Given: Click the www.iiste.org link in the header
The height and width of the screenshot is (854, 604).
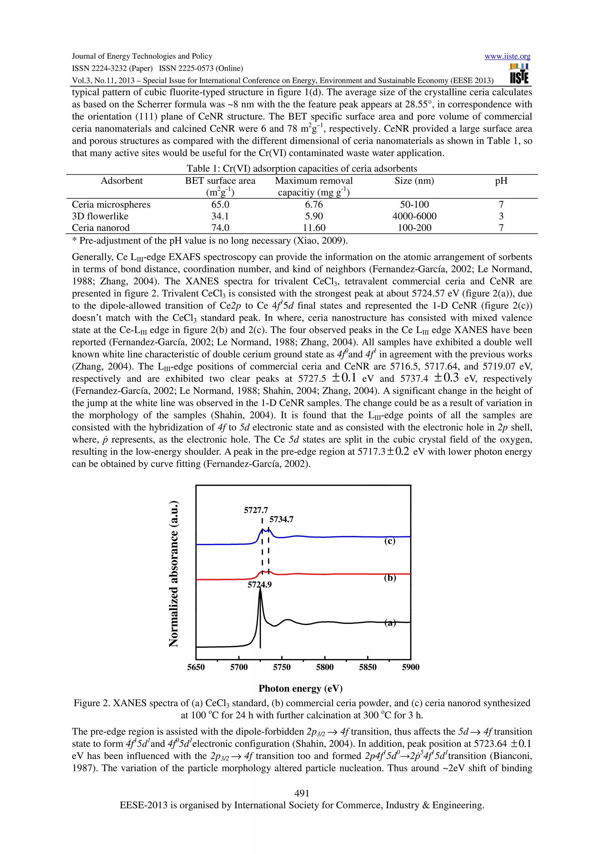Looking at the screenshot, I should tap(507, 57).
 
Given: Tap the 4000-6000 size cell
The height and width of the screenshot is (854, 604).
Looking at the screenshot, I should tap(414, 216).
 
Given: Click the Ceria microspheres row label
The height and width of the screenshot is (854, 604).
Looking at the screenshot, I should tap(111, 205).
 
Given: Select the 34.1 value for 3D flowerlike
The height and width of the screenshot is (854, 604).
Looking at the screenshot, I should tap(220, 216).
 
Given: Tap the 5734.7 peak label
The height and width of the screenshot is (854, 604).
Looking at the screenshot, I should tap(281, 519).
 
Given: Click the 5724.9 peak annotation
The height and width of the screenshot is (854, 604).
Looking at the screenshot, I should tap(260, 584).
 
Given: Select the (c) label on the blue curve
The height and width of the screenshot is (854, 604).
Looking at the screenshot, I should tap(390, 541).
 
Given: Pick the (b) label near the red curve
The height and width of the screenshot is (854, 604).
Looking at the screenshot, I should tap(390, 578).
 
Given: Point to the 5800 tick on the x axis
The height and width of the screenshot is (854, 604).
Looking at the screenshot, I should tap(324, 667).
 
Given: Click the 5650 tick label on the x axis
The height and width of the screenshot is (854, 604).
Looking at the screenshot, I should tap(196, 667).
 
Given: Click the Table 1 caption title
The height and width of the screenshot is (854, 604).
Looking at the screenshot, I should tap(302, 169).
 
